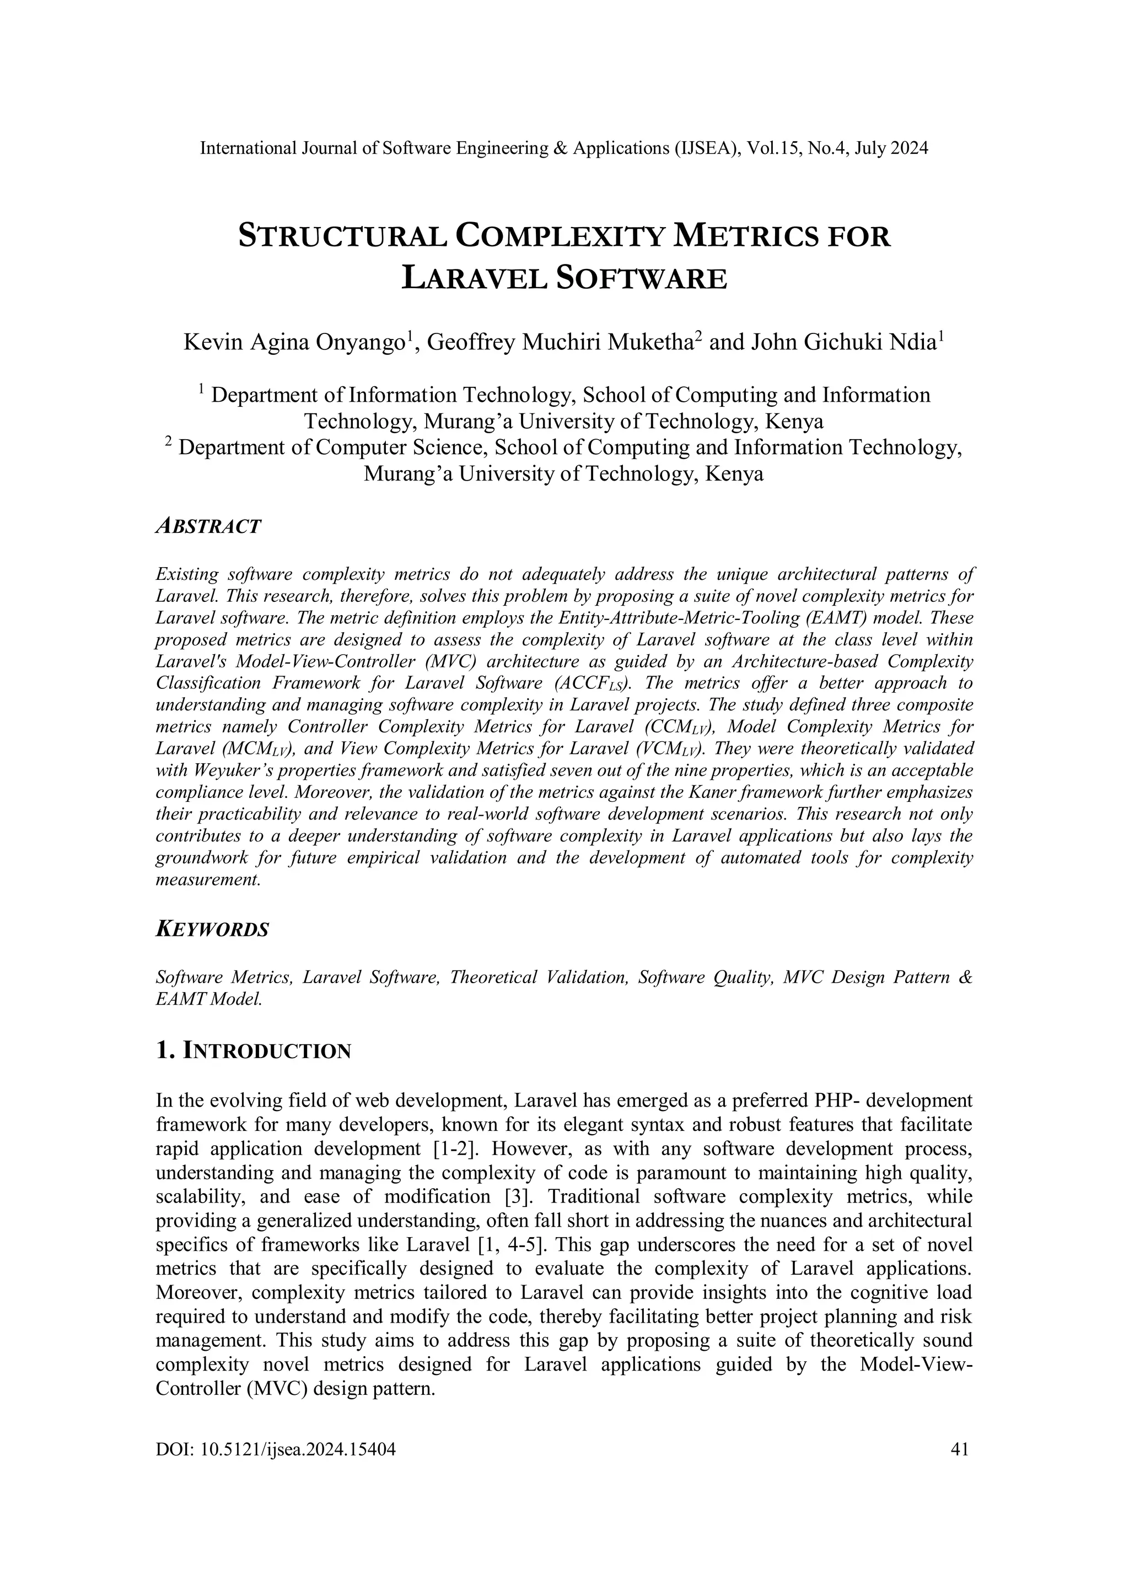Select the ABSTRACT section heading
(x=208, y=526)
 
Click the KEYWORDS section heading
(x=212, y=929)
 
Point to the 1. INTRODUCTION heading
(x=253, y=1051)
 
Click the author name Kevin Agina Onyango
(x=295, y=343)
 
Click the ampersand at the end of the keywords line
(x=965, y=977)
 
